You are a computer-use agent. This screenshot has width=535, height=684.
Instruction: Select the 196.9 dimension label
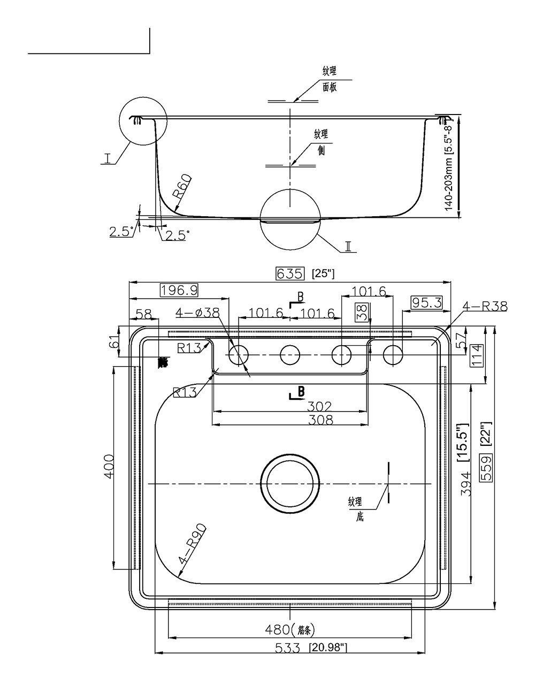pyautogui.click(x=179, y=290)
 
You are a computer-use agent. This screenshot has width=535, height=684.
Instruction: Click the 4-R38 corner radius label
pyautogui.click(x=485, y=307)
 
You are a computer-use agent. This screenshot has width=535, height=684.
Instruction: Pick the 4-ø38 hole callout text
pyautogui.click(x=197, y=313)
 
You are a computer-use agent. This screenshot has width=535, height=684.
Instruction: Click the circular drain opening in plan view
pyautogui.click(x=289, y=484)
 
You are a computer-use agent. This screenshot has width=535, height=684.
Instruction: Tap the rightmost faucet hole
pyautogui.click(x=393, y=355)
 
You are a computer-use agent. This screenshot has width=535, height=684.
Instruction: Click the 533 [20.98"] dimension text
pyautogui.click(x=311, y=648)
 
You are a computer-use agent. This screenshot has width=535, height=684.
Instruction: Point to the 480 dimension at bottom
pyautogui.click(x=278, y=630)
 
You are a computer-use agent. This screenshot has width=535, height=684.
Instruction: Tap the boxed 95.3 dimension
pyautogui.click(x=427, y=303)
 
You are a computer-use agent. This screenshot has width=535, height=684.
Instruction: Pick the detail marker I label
pyautogui.click(x=108, y=159)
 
